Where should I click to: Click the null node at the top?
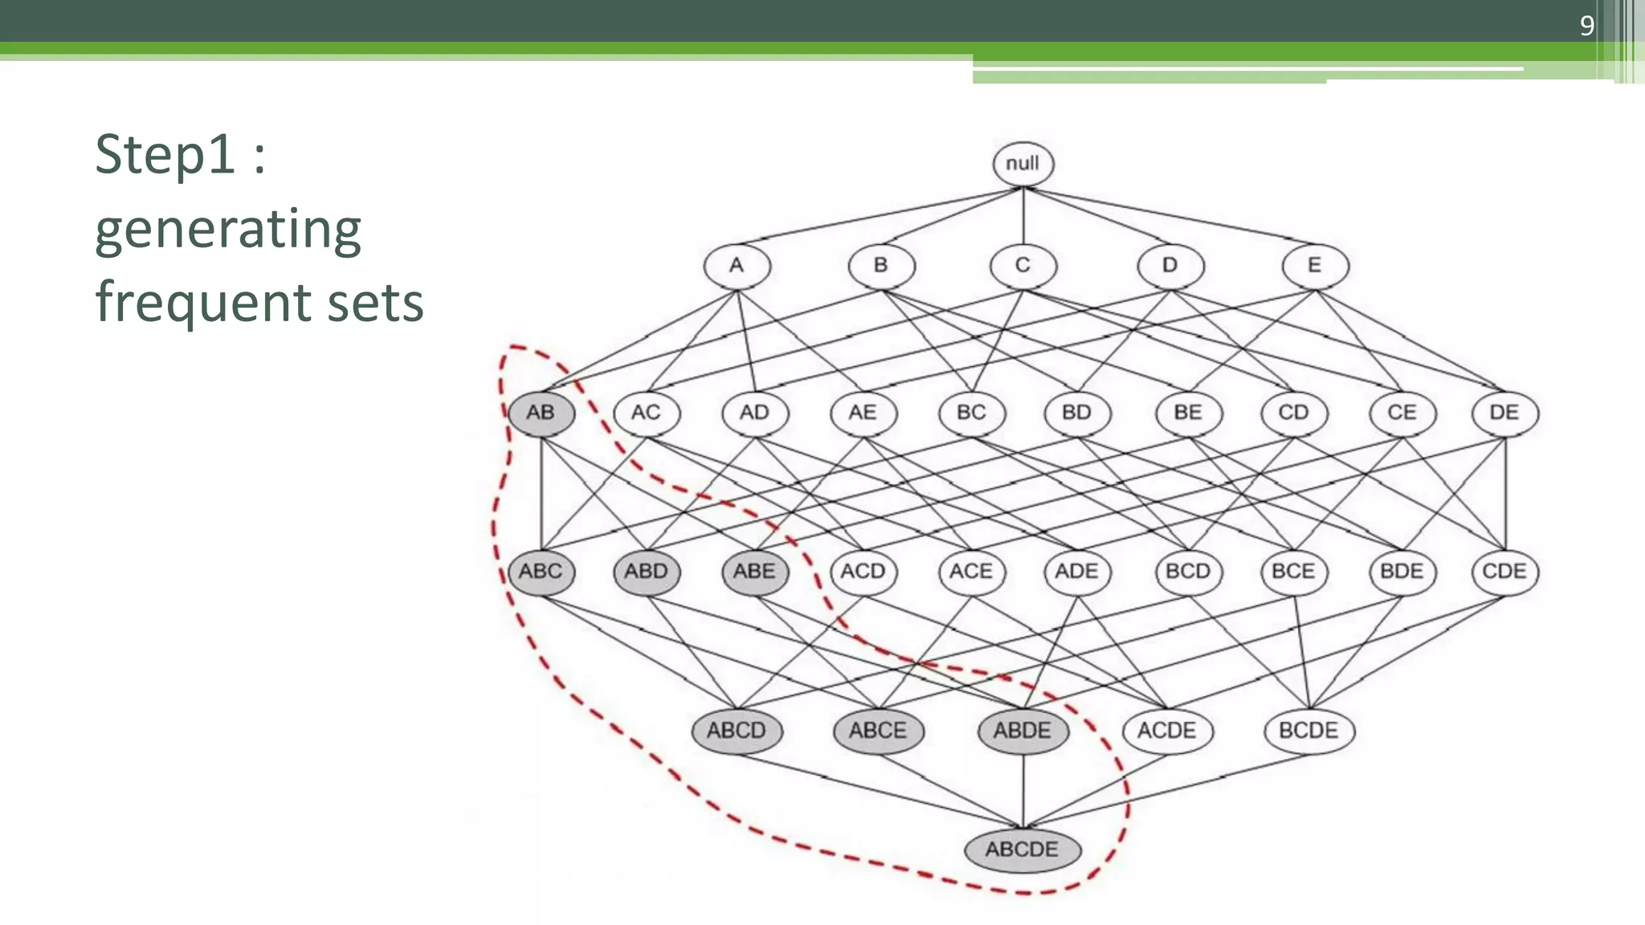[1023, 164]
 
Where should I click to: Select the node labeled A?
[737, 266]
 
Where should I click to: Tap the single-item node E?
[1315, 266]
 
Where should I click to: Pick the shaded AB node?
[541, 413]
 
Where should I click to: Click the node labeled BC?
[971, 413]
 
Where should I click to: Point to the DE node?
[1504, 413]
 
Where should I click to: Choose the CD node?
[1293, 413]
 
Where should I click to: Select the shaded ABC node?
[541, 572]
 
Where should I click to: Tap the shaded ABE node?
[754, 572]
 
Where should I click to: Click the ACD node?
[863, 572]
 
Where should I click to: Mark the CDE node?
[1504, 572]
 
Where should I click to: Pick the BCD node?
[1188, 572]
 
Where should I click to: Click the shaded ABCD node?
[737, 731]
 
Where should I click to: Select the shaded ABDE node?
[1023, 731]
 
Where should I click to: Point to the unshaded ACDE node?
[1167, 731]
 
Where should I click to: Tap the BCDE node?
[1308, 731]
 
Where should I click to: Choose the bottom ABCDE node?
[1023, 850]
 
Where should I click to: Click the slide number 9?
[1586, 26]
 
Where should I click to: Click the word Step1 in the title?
[165, 154]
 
